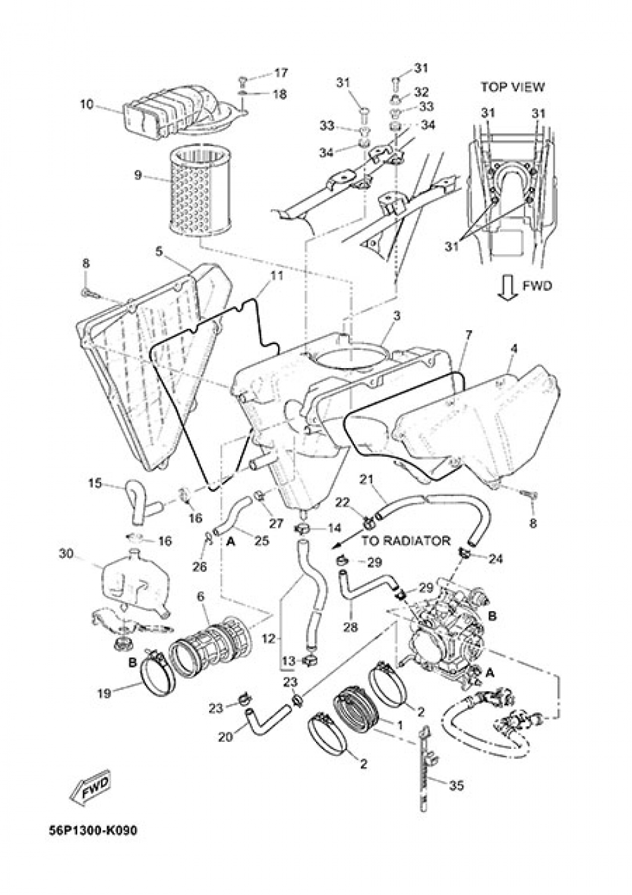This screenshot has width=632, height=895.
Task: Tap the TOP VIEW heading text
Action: tap(512, 87)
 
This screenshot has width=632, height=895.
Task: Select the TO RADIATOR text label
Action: tap(406, 541)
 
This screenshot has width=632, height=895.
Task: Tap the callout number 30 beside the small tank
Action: tap(66, 554)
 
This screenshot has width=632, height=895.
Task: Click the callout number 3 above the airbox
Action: tap(396, 314)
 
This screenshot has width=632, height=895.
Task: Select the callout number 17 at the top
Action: tap(281, 73)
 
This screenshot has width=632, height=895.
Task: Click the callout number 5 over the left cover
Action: tap(159, 252)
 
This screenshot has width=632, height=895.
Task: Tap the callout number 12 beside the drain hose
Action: tap(269, 639)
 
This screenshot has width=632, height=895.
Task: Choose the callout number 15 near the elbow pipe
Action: tap(95, 484)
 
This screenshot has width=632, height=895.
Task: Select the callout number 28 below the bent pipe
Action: tap(350, 627)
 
